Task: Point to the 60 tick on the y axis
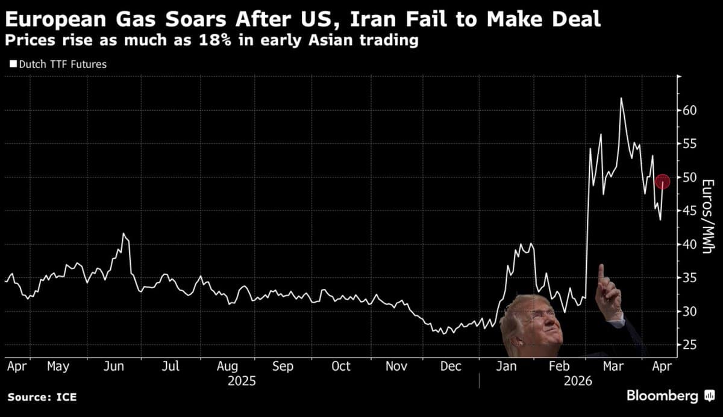pos(689,111)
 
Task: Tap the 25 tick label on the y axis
pos(689,345)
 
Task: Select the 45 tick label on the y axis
pos(689,211)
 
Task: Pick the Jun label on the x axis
pos(114,366)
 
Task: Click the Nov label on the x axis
pos(396,366)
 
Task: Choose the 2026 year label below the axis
pos(578,381)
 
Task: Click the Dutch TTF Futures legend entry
pos(58,64)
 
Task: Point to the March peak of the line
pos(621,98)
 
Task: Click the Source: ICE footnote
pos(42,397)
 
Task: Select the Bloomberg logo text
pos(663,396)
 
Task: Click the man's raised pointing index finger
pos(601,273)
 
